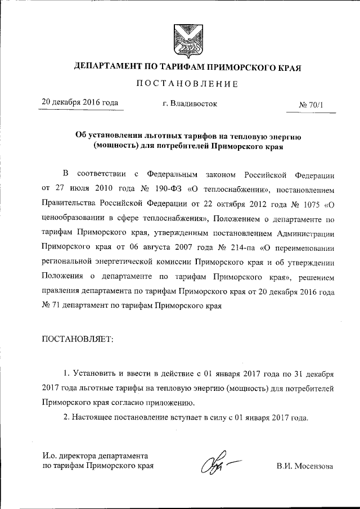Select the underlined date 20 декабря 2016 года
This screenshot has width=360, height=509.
[80, 102]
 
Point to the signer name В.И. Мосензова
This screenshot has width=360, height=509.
[304, 466]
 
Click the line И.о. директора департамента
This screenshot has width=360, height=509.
[95, 456]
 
